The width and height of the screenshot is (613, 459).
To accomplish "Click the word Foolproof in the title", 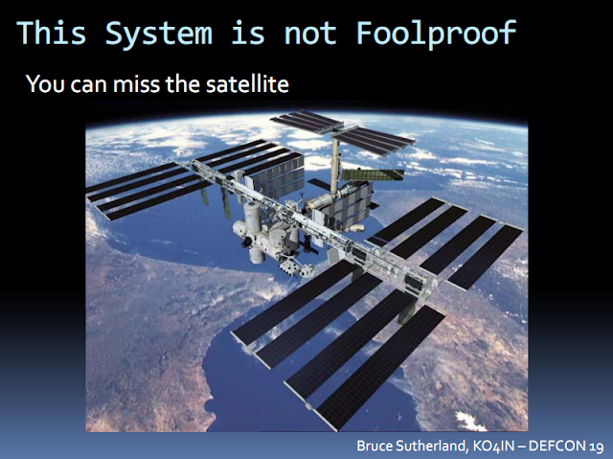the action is coord(437,34).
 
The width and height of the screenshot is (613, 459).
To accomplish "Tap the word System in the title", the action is coord(159,34).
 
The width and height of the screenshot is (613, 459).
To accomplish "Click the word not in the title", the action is coord(310,34).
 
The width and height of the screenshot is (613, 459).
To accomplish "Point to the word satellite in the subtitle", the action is coord(247,83).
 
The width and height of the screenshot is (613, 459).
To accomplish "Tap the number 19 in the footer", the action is coord(595,447).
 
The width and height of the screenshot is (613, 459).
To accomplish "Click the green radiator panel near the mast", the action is coord(372,174).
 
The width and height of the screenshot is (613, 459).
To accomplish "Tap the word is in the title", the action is coord(248,33).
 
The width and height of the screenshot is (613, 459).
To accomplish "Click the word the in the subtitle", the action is coord(184,83).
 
